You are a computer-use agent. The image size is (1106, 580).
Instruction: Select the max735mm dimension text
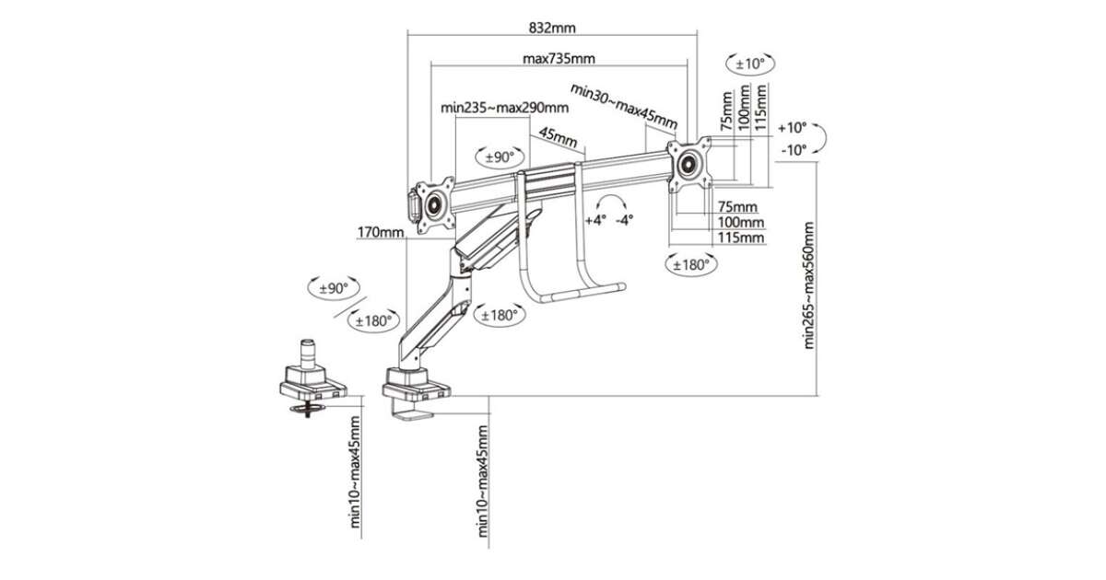pyautogui.click(x=558, y=59)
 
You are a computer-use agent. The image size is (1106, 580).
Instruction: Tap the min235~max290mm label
pyautogui.click(x=503, y=107)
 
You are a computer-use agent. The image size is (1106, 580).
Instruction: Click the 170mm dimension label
pyautogui.click(x=381, y=233)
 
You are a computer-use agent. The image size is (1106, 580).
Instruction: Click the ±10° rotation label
pyautogui.click(x=751, y=64)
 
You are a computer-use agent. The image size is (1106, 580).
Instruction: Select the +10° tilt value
pyautogui.click(x=792, y=128)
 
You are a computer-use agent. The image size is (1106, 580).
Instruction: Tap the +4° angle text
pyautogui.click(x=596, y=220)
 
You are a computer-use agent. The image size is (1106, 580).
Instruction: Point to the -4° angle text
pyautogui.click(x=625, y=220)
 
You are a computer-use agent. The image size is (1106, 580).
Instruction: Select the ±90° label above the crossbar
pyautogui.click(x=499, y=157)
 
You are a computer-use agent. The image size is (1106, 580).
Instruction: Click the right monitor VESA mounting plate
pyautogui.click(x=690, y=164)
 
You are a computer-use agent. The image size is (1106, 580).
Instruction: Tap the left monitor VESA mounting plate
pyautogui.click(x=433, y=203)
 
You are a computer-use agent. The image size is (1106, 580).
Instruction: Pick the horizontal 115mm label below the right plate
pyautogui.click(x=742, y=238)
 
